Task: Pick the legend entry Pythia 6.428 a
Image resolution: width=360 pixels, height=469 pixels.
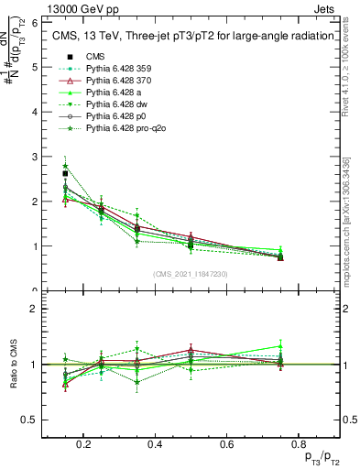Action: pos(114,93)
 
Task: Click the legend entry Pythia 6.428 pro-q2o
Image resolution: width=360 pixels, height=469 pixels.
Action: pos(124,130)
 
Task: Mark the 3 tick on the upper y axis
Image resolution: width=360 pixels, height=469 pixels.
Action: pos(33,157)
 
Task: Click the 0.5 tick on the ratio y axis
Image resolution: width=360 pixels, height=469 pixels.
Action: pos(29,420)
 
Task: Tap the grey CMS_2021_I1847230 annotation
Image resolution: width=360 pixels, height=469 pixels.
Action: pos(191,274)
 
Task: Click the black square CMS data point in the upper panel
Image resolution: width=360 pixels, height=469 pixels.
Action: pos(65,173)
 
